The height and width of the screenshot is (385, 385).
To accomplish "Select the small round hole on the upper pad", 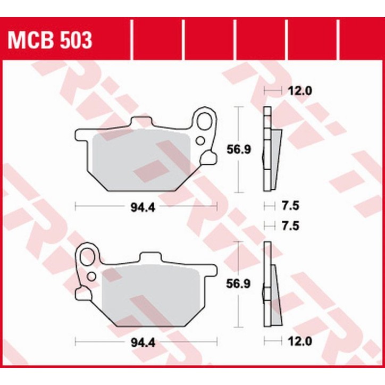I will click(201, 140).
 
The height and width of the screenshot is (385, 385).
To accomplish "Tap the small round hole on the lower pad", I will click(91, 277).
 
